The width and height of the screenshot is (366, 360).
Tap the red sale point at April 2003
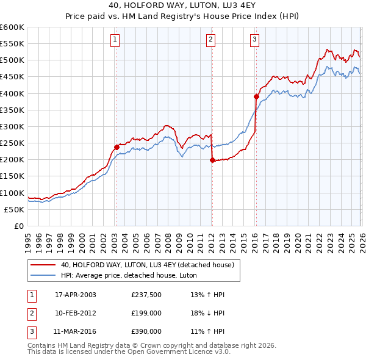(x=117, y=147)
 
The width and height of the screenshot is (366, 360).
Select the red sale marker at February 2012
(x=212, y=160)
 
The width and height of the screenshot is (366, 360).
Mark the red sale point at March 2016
(x=256, y=96)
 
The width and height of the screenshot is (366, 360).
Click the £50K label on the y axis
(x=15, y=209)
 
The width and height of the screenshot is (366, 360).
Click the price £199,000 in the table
(x=146, y=313)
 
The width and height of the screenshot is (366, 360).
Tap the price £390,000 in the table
(x=146, y=331)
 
